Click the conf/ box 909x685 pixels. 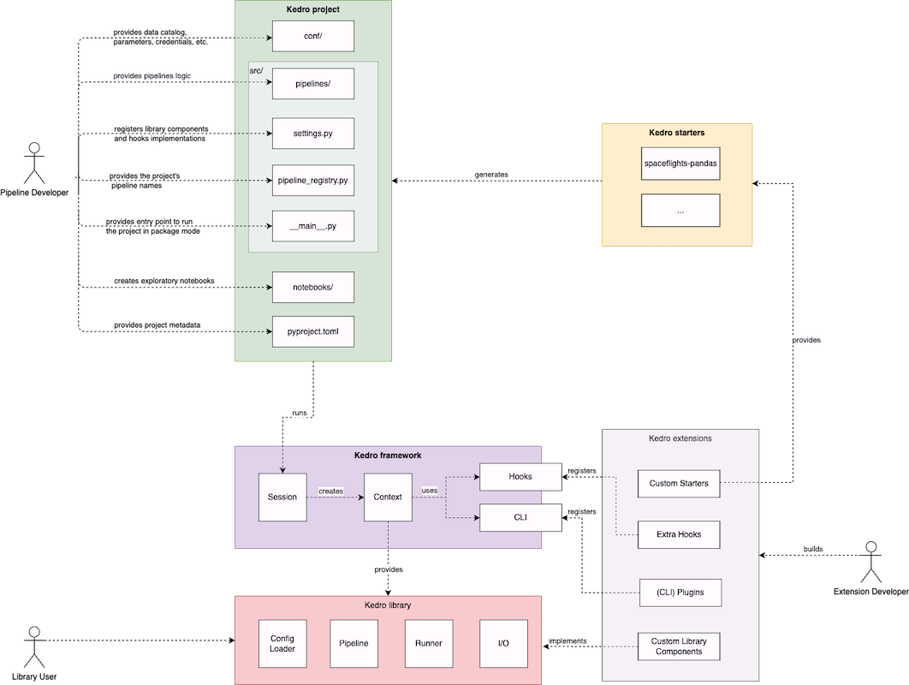[x=312, y=38]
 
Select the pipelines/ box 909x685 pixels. [x=312, y=84]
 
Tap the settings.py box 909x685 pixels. [x=312, y=134]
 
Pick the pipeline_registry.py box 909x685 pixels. [x=312, y=181]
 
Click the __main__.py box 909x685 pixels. [x=312, y=226]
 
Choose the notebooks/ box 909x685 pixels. [x=312, y=288]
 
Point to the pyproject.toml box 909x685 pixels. [x=312, y=331]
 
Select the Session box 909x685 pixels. [x=282, y=497]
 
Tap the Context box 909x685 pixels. [x=388, y=497]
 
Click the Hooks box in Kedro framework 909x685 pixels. [x=520, y=477]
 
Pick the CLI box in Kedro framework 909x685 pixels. [x=520, y=517]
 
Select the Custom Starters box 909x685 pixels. [x=679, y=484]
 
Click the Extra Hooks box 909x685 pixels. [x=679, y=534]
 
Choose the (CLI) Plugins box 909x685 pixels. [x=679, y=593]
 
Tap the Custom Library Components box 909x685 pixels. [x=679, y=646]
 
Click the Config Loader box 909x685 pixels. [x=282, y=643]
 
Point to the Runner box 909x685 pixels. [x=429, y=643]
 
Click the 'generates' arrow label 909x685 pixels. [x=491, y=175]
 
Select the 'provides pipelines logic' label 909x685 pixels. [x=153, y=76]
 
